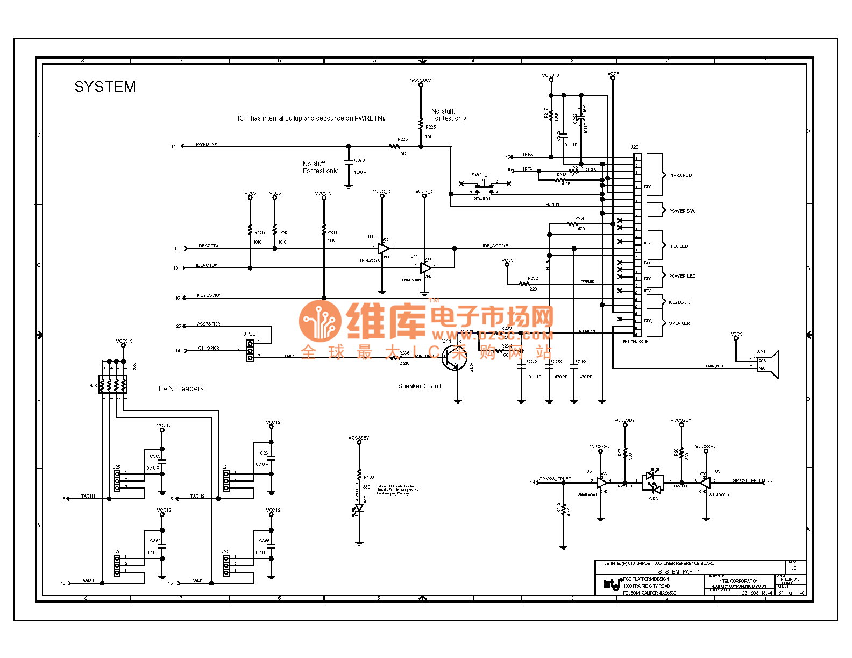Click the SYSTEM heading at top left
click(x=105, y=87)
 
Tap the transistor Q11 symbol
click(x=453, y=358)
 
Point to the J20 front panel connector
click(x=637, y=245)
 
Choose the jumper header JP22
click(x=250, y=350)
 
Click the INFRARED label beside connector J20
click(x=680, y=175)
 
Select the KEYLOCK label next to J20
click(x=679, y=302)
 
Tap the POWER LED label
click(x=682, y=276)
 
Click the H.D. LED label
click(x=678, y=246)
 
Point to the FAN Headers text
click(x=181, y=388)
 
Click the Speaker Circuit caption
click(x=420, y=386)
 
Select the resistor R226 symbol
click(x=421, y=124)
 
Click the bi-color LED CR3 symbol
click(x=653, y=482)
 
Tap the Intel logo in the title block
click(x=611, y=584)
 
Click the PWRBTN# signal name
click(x=207, y=145)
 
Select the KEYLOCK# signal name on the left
click(x=209, y=295)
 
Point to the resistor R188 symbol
click(x=359, y=475)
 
